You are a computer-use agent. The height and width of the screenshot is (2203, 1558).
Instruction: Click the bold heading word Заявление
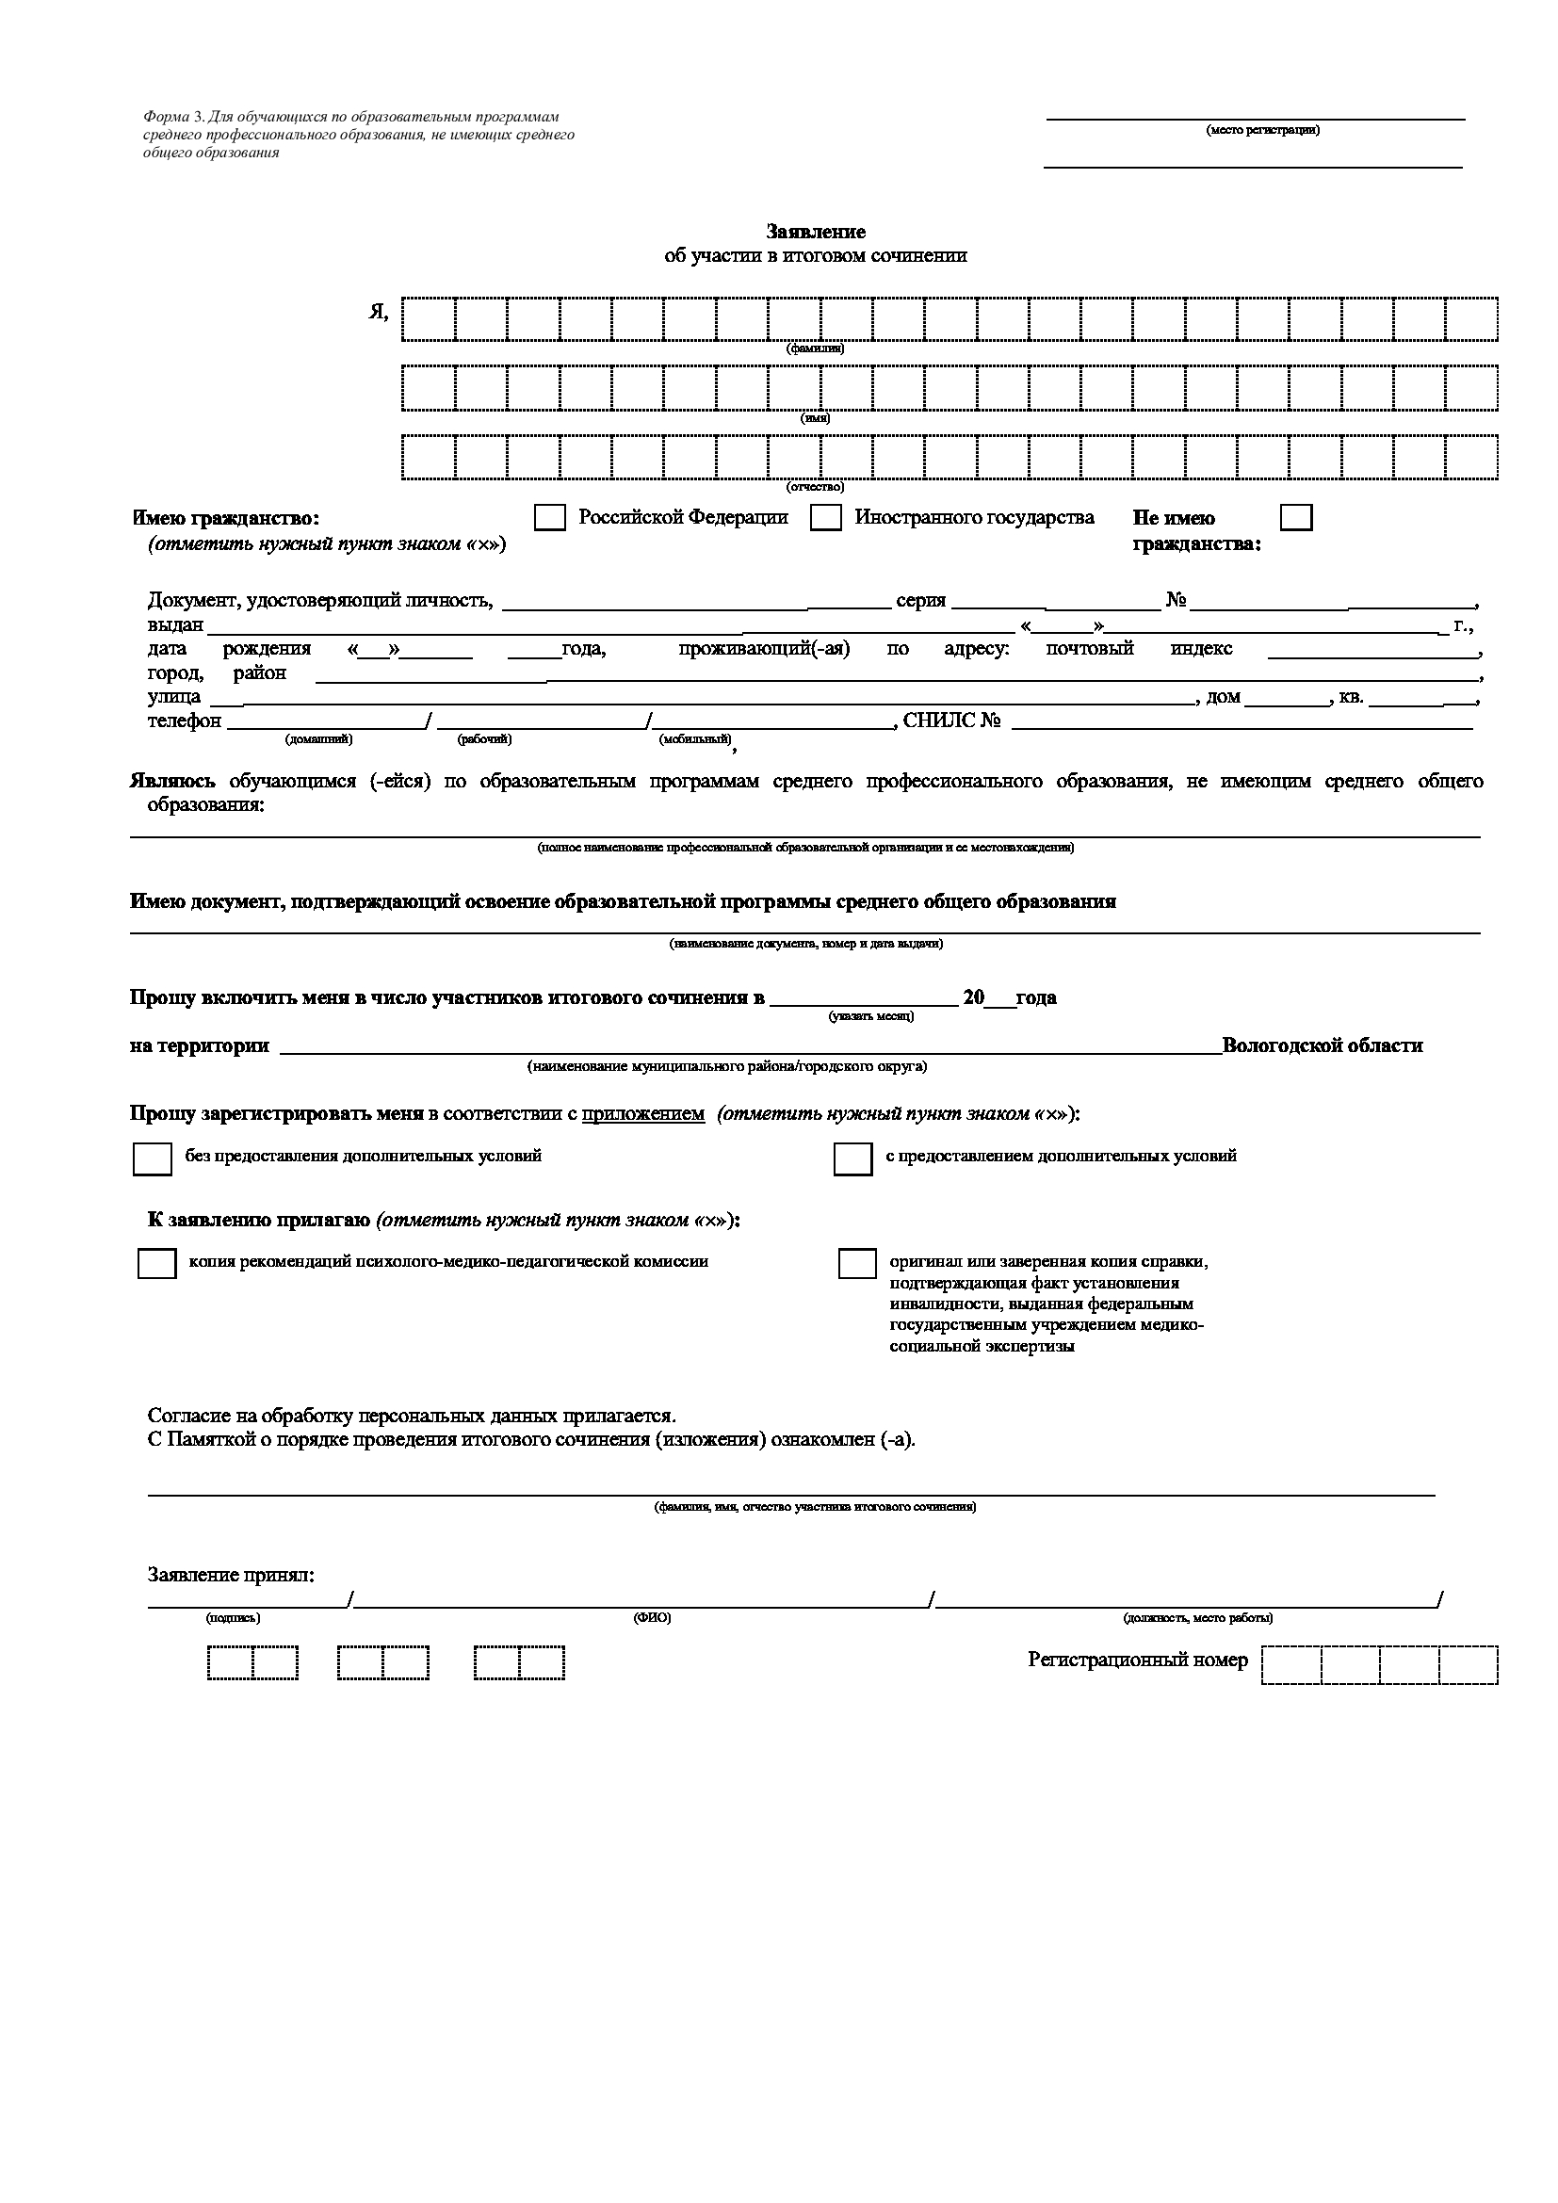pos(816,232)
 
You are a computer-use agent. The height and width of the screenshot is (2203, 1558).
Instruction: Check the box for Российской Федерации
pos(550,518)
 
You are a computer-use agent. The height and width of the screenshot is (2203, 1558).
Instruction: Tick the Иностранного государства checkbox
pos(825,518)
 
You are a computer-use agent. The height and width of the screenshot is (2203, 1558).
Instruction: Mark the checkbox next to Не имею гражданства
pos(1296,518)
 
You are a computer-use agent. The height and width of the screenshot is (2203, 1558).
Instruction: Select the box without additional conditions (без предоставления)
pos(153,1159)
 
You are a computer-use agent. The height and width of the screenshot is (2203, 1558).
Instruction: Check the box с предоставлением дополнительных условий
pos(852,1159)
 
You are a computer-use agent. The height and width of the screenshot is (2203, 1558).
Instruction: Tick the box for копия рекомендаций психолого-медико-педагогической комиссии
pos(157,1264)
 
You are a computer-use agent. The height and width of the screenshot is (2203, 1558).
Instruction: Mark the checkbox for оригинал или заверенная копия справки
pos(856,1264)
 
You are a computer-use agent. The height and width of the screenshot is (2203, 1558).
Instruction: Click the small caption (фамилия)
pos(816,349)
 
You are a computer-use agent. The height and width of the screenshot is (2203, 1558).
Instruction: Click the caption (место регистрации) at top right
pos(1262,131)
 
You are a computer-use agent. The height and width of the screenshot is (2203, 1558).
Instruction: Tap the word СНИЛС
pos(938,721)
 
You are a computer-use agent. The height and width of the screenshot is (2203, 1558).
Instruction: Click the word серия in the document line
pos(921,602)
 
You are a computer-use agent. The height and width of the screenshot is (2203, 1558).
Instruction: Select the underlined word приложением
pos(642,1114)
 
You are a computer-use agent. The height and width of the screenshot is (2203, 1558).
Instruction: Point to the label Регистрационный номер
pos(1138,1660)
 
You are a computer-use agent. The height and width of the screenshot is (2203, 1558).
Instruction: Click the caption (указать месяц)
pos(871,1016)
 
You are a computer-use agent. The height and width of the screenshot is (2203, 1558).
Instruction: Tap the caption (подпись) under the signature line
pos(233,1618)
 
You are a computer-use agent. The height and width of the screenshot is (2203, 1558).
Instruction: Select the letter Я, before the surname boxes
pos(379,313)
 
